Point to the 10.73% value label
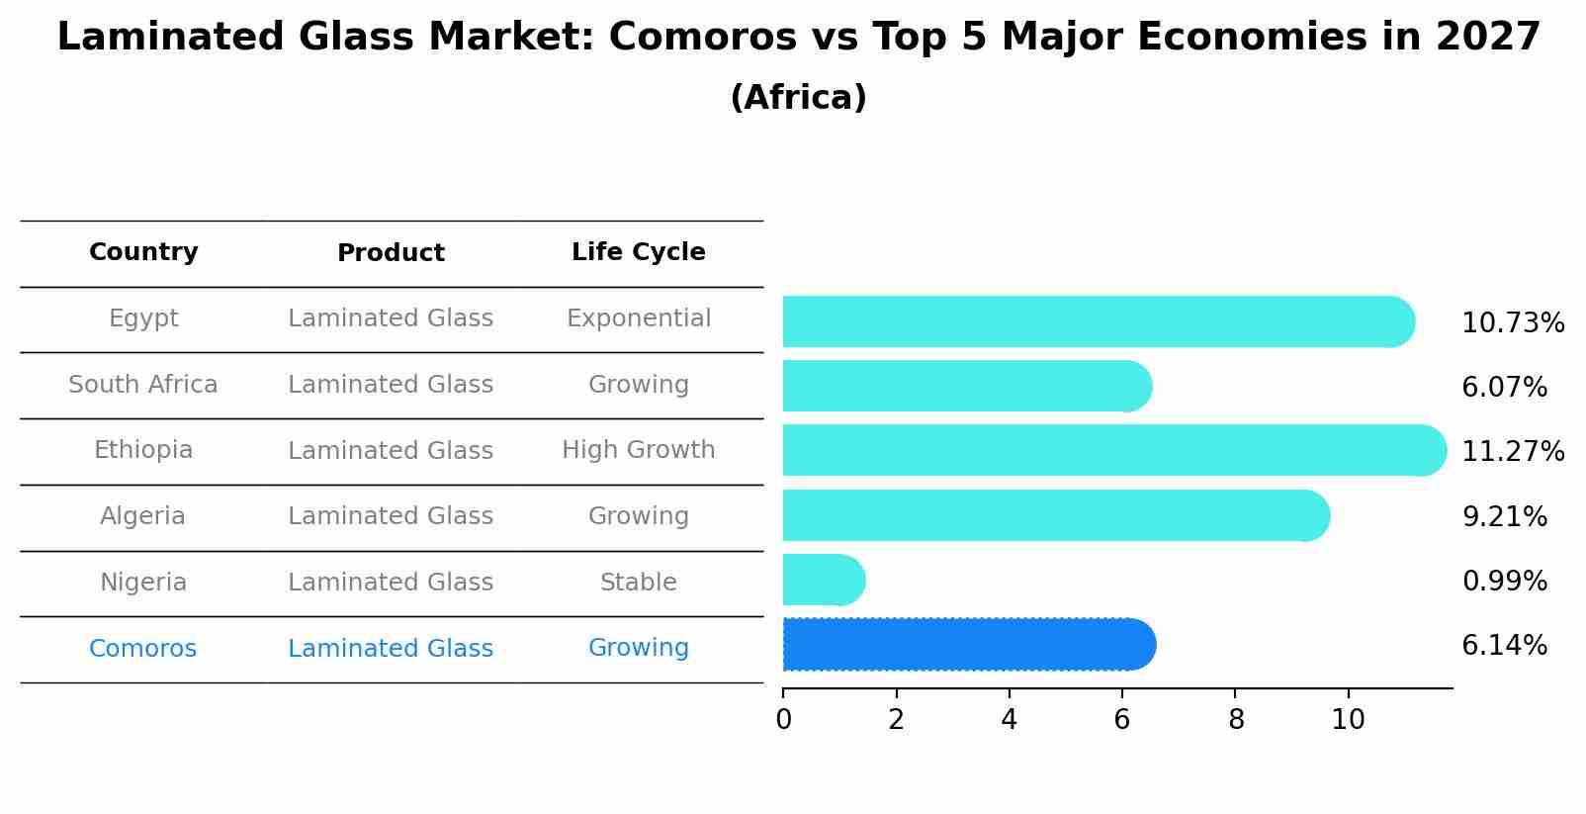1513,323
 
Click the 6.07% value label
1504,388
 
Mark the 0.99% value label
1504,581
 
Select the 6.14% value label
1504,646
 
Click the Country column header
143,252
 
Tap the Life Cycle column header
639,252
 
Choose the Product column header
391,253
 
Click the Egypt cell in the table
143,318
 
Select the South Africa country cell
143,385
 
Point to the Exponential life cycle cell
639,318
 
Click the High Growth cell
639,450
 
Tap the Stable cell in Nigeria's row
639,583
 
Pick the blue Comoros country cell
143,649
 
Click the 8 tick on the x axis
1236,719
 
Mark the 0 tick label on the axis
783,719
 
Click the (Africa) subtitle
798,98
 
